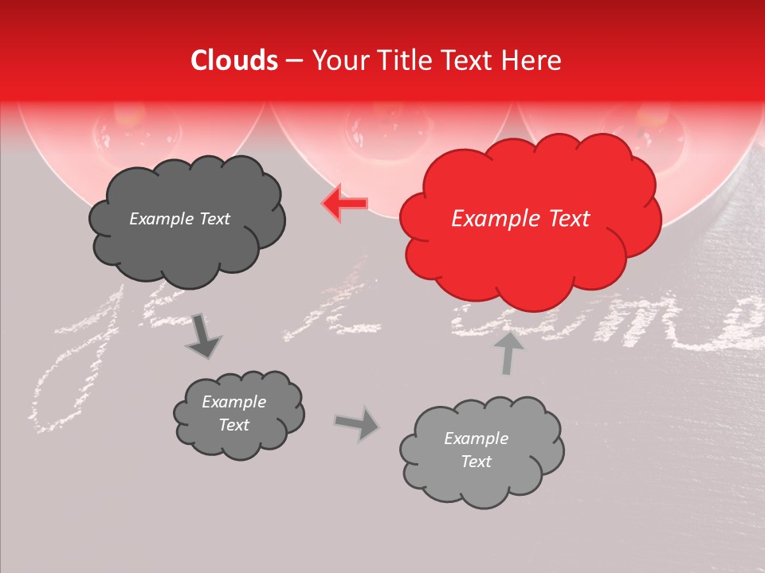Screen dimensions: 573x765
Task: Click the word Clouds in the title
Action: [x=234, y=60]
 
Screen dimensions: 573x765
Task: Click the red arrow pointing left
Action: [x=344, y=204]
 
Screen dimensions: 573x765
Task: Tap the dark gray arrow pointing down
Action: [x=204, y=337]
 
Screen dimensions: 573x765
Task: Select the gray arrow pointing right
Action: [x=357, y=423]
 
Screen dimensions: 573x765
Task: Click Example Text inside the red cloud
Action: [x=520, y=219]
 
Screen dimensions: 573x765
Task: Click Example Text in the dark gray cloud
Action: [x=179, y=219]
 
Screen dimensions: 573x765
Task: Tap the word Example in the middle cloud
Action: [x=233, y=402]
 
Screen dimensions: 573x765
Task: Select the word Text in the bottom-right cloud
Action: [x=476, y=462]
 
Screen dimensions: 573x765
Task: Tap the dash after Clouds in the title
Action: [x=295, y=60]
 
